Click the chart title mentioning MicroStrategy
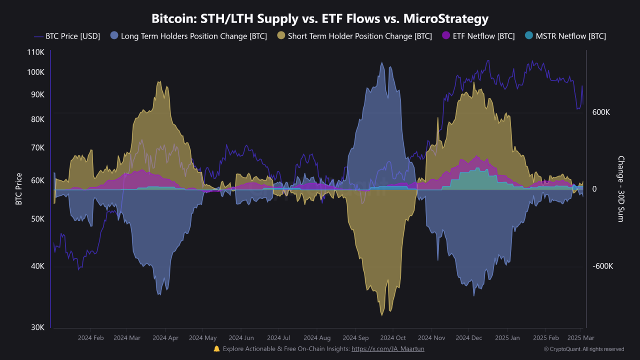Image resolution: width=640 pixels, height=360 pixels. click(320, 19)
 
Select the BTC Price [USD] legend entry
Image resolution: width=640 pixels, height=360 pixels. click(67, 36)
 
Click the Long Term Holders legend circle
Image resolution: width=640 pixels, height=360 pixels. click(114, 36)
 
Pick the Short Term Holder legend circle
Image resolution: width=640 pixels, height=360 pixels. click(281, 36)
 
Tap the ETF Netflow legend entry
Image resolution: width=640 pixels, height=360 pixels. click(478, 36)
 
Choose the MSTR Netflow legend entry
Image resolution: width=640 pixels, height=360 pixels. click(565, 36)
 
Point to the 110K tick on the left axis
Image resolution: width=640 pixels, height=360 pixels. click(36, 52)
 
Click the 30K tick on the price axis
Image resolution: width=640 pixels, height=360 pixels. click(37, 327)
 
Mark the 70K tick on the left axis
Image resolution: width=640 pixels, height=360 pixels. click(37, 148)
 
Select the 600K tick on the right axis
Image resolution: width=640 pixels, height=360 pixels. click(601, 112)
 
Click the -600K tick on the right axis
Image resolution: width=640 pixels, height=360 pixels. click(602, 266)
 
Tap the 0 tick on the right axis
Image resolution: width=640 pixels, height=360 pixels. click(594, 189)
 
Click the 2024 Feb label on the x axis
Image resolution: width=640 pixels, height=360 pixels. click(91, 338)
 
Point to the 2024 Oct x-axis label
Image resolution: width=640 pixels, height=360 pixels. click(393, 338)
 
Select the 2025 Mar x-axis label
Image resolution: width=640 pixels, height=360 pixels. click(580, 338)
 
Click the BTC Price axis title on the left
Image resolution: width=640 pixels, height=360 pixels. click(19, 189)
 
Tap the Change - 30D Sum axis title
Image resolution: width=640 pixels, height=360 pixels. click(620, 189)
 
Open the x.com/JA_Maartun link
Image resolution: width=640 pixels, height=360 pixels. click(388, 349)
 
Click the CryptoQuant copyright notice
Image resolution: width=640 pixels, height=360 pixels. click(583, 349)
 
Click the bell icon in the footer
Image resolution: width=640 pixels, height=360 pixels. click(216, 348)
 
